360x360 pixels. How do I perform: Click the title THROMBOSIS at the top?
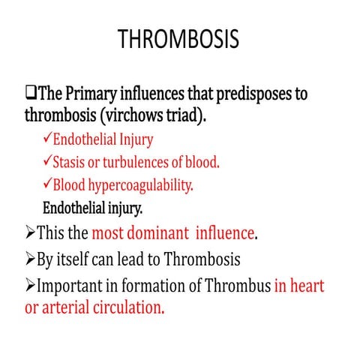[x=179, y=40]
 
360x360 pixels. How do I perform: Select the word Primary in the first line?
[x=92, y=95]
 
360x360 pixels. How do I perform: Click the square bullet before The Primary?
[x=31, y=95]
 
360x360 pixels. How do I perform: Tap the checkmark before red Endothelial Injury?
[x=48, y=139]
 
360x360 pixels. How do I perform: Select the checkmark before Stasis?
[x=48, y=161]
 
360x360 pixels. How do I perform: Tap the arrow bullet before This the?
[x=31, y=233]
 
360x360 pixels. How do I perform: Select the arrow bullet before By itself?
[x=31, y=260]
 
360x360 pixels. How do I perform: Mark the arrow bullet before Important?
[x=31, y=286]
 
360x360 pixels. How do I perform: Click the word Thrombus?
[x=236, y=286]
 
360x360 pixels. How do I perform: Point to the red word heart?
[x=307, y=286]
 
